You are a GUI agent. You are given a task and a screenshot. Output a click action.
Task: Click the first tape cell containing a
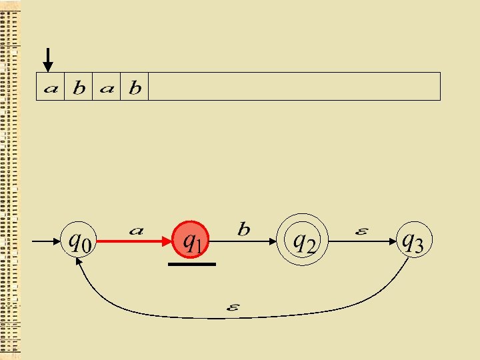[50, 87]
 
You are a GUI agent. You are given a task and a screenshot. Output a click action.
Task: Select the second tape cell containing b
[79, 87]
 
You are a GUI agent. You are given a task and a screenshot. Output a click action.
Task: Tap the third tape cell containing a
[107, 87]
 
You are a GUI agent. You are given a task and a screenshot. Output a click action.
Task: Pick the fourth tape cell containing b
[135, 87]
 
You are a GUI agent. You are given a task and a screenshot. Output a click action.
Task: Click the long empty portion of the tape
[293, 87]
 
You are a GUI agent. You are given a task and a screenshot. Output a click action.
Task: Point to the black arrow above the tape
[47, 59]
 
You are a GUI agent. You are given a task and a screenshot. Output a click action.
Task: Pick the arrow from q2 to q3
[360, 241]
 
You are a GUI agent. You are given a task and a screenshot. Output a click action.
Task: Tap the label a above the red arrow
[136, 231]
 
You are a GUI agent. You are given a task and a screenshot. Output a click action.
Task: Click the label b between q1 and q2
[244, 229]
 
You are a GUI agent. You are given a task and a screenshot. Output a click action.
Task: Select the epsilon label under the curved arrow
[233, 308]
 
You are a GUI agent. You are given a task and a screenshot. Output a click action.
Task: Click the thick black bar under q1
[192, 265]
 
